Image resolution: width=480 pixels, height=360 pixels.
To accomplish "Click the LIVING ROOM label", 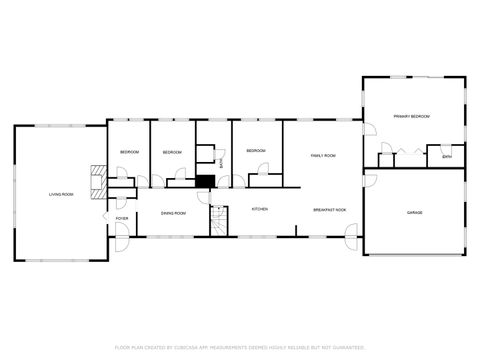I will pos(61,194).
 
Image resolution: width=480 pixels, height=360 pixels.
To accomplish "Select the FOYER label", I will pos(121,218).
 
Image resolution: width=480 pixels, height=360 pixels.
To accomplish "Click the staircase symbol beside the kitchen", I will pos(216,221).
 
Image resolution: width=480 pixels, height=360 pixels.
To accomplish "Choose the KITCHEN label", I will pos(259,209).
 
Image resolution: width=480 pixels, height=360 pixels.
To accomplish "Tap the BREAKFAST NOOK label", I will pos(329,210).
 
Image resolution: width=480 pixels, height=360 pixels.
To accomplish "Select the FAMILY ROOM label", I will pos(322,156).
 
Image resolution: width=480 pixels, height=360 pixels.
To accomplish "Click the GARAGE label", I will pos(414,213).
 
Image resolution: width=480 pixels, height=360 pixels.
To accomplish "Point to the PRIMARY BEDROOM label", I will pos(411,117).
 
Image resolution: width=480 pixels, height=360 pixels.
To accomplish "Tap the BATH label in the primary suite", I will pos(447,156).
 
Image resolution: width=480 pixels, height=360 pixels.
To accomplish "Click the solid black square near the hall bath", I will pos(204,181).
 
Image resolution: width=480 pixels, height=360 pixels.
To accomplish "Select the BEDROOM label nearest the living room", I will pos(129,151).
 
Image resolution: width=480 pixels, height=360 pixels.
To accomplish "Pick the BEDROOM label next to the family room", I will pos(256,151).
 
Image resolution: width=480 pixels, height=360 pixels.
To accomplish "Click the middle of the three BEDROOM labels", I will pos(172,152).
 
